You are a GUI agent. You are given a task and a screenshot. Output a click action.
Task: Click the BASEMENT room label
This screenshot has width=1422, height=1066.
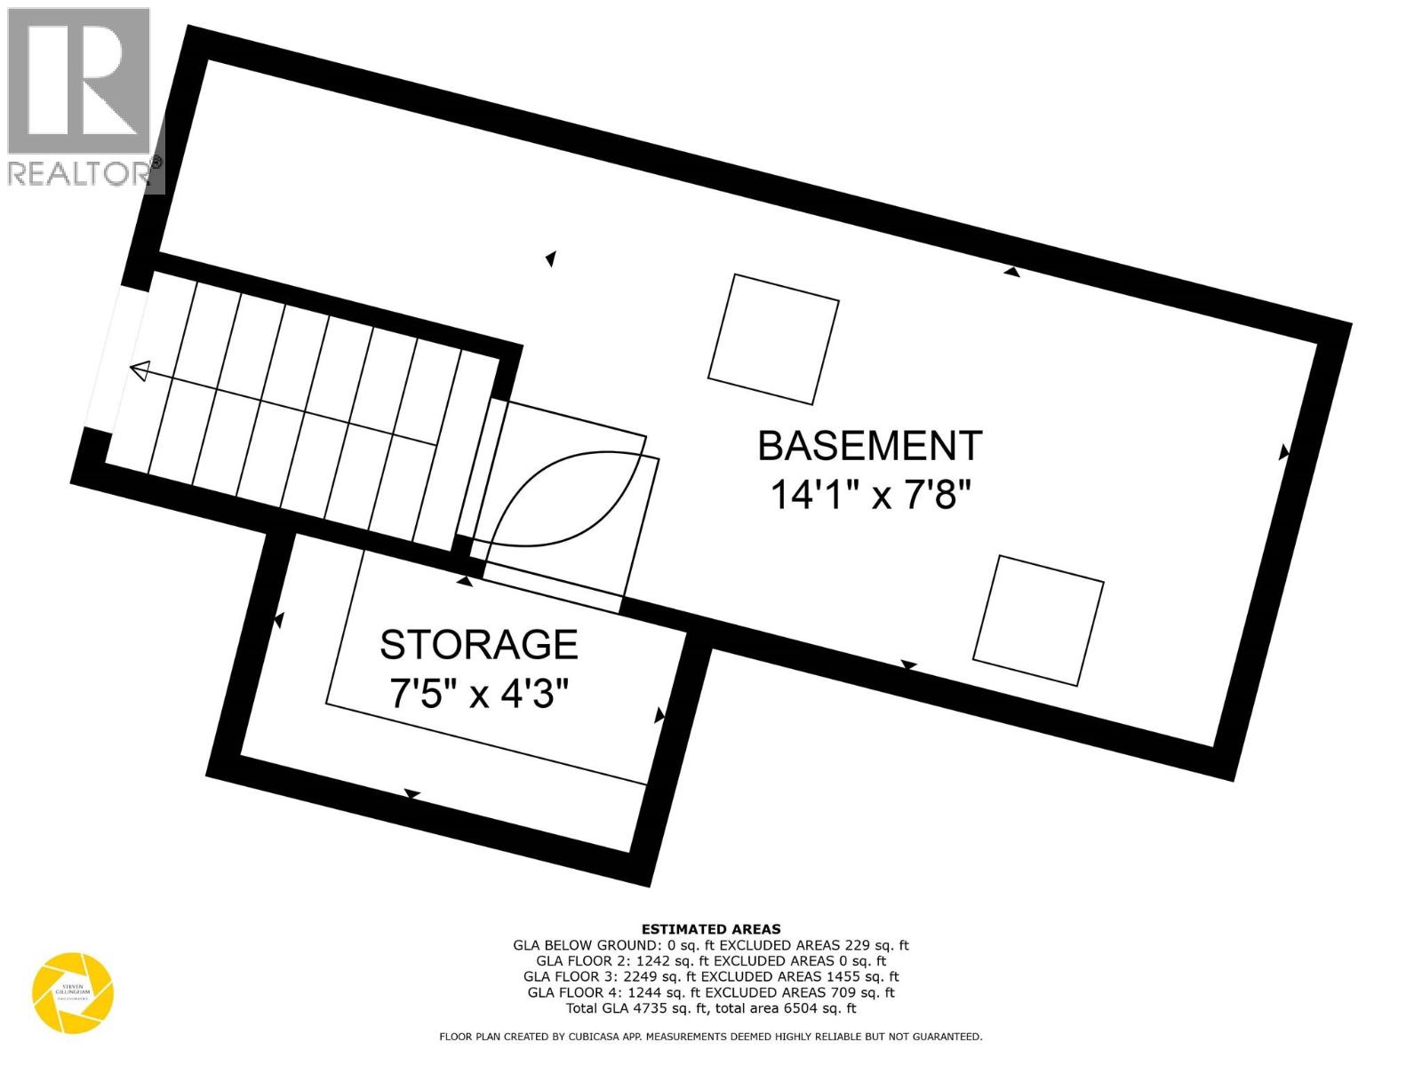click(x=869, y=446)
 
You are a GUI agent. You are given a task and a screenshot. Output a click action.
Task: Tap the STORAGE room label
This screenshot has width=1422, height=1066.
click(x=478, y=644)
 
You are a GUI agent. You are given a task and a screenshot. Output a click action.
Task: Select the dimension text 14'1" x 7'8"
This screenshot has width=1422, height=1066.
click(x=867, y=495)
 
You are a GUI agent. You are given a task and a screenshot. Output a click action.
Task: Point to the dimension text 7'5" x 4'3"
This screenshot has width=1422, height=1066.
click(x=478, y=694)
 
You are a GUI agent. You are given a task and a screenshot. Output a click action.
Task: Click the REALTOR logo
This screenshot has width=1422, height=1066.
click(x=82, y=98)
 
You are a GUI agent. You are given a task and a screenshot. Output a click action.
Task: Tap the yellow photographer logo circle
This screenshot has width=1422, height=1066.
click(x=73, y=993)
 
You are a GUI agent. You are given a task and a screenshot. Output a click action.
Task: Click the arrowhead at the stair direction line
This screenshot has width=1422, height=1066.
click(x=139, y=370)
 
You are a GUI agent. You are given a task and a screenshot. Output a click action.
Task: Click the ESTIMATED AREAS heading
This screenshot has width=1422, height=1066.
click(x=711, y=929)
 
